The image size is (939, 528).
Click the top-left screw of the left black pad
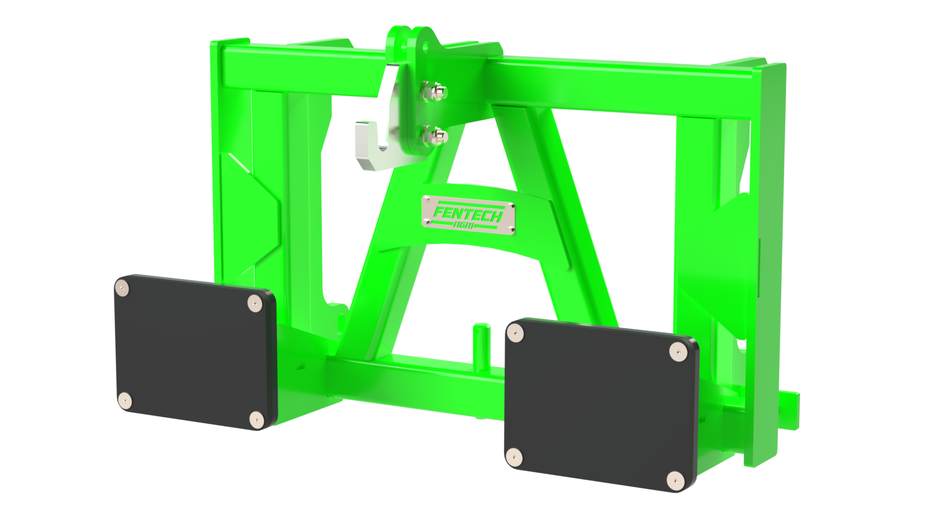tap(122, 287)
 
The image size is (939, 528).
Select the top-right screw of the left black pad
tap(255, 302)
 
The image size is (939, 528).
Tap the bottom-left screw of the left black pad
tap(126, 402)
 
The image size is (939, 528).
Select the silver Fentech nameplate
tap(467, 211)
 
